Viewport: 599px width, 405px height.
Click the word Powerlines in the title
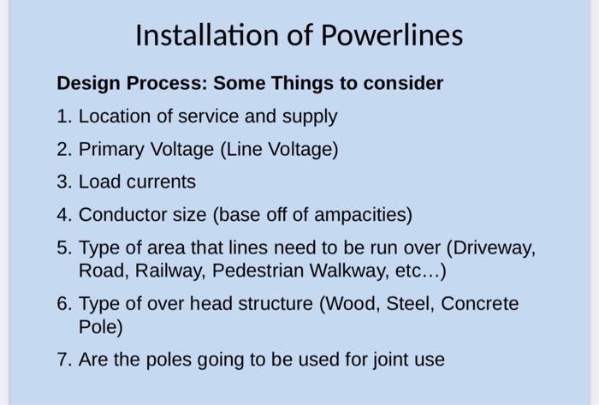click(x=392, y=35)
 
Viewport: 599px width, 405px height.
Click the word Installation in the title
click(x=207, y=35)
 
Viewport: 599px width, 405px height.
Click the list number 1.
click(x=64, y=116)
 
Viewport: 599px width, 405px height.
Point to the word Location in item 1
click(x=114, y=116)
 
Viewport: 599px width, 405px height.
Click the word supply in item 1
click(x=310, y=117)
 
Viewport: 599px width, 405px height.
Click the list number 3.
click(x=64, y=182)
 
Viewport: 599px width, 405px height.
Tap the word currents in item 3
click(x=161, y=182)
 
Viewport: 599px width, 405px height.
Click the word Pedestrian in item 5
click(x=258, y=271)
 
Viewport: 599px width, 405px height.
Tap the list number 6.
click(x=64, y=304)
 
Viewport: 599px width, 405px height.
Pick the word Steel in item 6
click(x=410, y=304)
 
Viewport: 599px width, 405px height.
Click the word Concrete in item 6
click(x=480, y=304)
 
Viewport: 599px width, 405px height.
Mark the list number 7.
click(x=64, y=360)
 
